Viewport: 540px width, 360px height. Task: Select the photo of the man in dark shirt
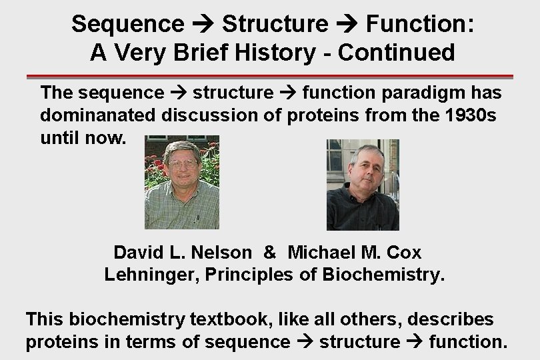coord(363,185)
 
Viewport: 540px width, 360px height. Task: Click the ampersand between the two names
coord(269,253)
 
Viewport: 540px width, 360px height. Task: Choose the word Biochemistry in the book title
coord(382,275)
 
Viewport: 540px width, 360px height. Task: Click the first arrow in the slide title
coord(203,25)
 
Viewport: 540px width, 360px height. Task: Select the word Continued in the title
coord(396,52)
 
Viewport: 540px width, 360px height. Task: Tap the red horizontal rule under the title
coord(270,77)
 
